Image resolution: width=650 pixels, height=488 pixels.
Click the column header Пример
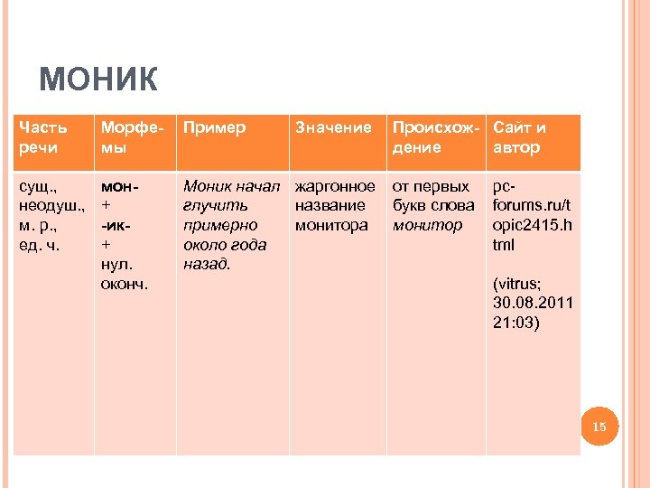pyautogui.click(x=214, y=128)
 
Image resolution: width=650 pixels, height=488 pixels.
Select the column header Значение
pyautogui.click(x=333, y=128)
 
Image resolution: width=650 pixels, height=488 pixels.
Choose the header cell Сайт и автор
pyautogui.click(x=519, y=137)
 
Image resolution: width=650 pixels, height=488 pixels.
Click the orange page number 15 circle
pyautogui.click(x=598, y=426)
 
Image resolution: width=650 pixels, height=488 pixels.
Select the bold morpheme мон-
pyautogui.click(x=119, y=187)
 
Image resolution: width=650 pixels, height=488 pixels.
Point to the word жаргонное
pyautogui.click(x=335, y=187)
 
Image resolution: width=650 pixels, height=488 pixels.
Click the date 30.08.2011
pyautogui.click(x=534, y=303)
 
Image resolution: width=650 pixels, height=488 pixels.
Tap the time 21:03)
pyautogui.click(x=516, y=322)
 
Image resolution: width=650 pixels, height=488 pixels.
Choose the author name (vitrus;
pyautogui.click(x=518, y=283)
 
